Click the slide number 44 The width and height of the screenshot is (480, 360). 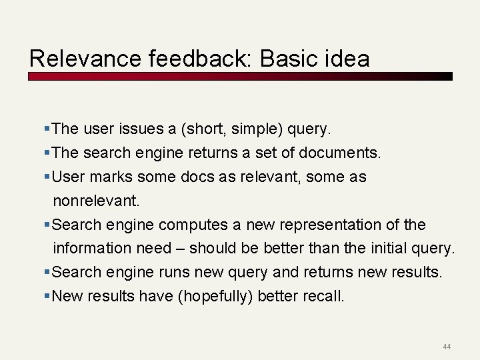coord(446,347)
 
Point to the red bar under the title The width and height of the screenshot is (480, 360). coord(240,76)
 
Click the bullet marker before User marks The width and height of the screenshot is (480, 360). coord(47,177)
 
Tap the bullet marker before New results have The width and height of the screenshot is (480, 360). coord(47,296)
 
